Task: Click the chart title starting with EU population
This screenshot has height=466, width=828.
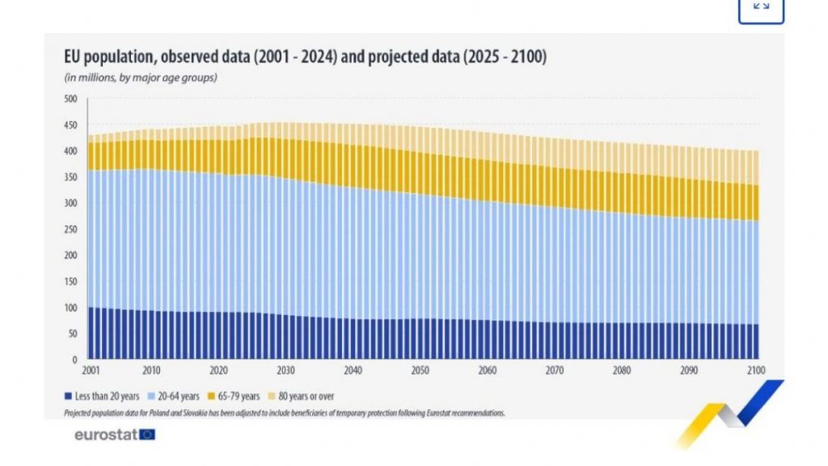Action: click(306, 57)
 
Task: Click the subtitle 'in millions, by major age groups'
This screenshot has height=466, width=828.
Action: click(141, 78)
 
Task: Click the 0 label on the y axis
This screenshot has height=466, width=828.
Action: click(74, 359)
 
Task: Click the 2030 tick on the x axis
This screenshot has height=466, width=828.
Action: click(285, 371)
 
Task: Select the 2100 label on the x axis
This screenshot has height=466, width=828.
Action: click(756, 371)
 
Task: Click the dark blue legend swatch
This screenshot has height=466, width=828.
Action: click(68, 396)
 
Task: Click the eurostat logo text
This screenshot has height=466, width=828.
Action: click(105, 434)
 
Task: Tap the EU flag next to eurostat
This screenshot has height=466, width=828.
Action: click(147, 434)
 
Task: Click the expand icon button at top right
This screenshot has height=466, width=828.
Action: click(761, 6)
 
